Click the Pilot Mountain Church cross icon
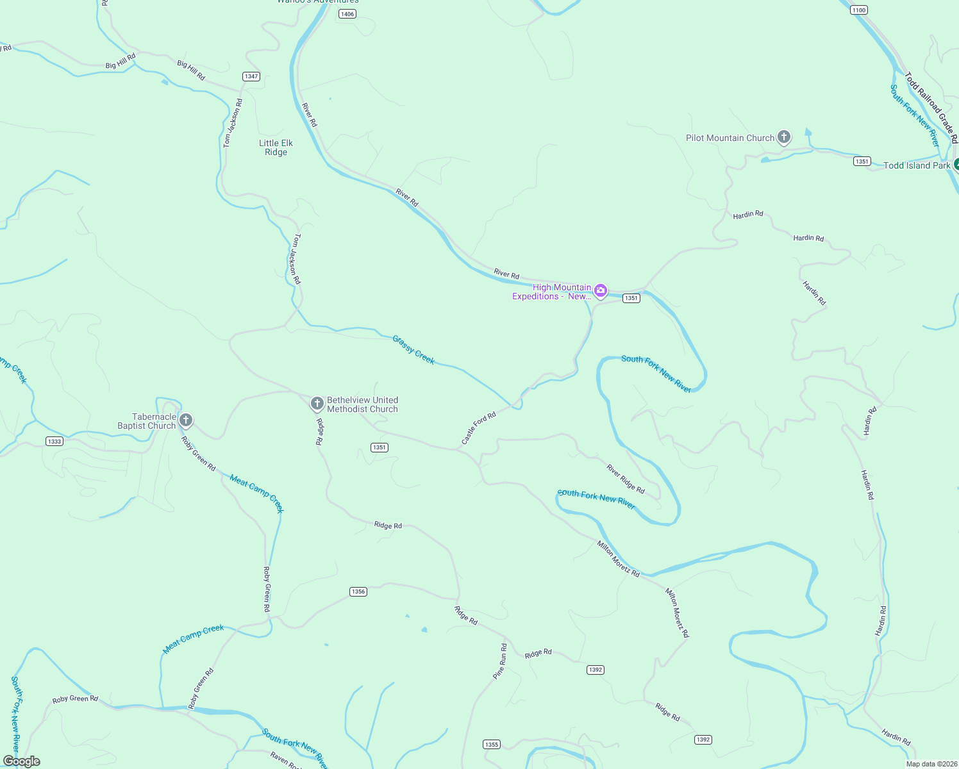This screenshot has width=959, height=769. click(x=783, y=137)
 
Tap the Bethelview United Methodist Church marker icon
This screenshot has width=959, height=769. click(x=317, y=404)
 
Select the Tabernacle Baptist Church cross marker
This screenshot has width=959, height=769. click(x=186, y=420)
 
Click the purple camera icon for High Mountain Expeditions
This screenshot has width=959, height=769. click(x=601, y=291)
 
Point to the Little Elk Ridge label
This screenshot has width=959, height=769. click(x=276, y=147)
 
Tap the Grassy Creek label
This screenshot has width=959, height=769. click(x=413, y=350)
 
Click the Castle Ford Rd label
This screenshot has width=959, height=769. click(x=479, y=428)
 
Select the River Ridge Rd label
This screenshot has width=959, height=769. click(x=626, y=479)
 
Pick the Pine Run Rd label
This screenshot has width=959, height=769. click(x=500, y=661)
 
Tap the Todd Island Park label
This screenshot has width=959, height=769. click(x=917, y=165)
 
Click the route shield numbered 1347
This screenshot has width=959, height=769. click(x=251, y=76)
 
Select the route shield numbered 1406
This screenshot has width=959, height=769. click(x=347, y=13)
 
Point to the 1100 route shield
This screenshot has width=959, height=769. click(x=859, y=10)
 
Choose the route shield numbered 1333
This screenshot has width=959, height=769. click(x=54, y=441)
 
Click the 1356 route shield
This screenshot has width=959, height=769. click(x=358, y=591)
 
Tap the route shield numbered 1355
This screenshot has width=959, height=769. click(x=492, y=744)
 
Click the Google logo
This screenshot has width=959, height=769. click(x=22, y=761)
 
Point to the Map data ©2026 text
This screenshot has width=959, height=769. click(x=931, y=764)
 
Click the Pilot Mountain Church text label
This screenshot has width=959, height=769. click(x=730, y=138)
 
